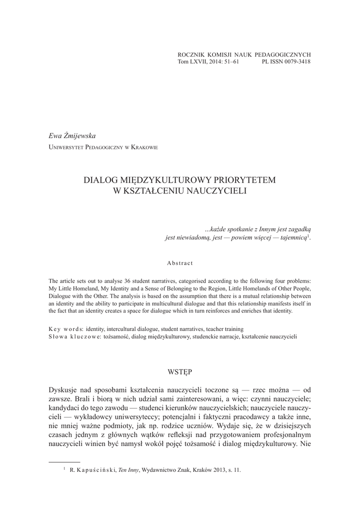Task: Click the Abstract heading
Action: pyautogui.click(x=180, y=262)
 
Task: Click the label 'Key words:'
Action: pyautogui.click(x=66, y=328)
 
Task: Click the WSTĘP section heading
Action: pyautogui.click(x=180, y=371)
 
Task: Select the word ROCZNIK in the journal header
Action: pyautogui.click(x=190, y=54)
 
